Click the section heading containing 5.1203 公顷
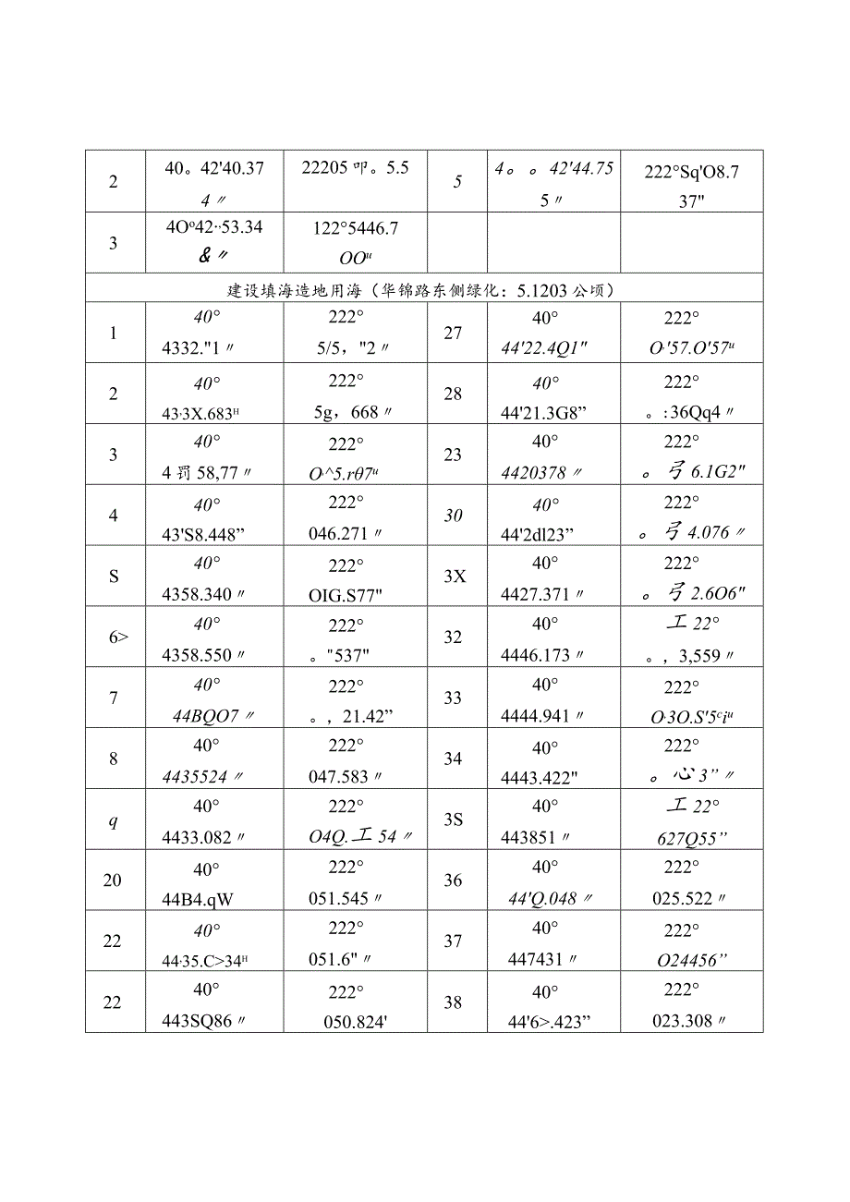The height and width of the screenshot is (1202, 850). coord(424,290)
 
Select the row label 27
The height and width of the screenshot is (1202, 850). coord(453,333)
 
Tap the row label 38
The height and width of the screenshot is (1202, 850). coord(453,1002)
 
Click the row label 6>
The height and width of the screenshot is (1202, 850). coord(114,637)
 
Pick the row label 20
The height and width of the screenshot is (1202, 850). coord(112,880)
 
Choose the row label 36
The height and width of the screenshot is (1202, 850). coord(453,880)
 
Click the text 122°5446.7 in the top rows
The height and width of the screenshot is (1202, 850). coord(350,227)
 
